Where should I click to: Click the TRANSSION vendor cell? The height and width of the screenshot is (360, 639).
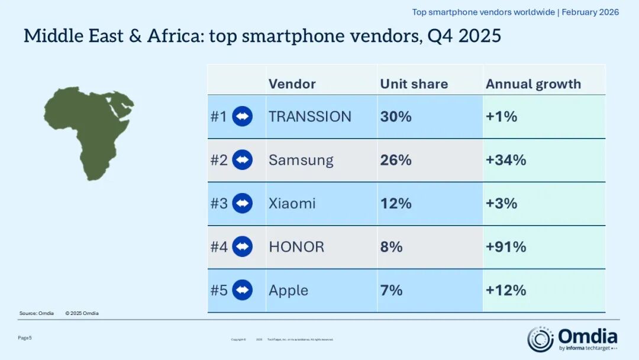pyautogui.click(x=310, y=117)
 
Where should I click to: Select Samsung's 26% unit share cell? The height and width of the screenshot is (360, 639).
pyautogui.click(x=396, y=160)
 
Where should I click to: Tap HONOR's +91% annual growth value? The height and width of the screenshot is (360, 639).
pyautogui.click(x=506, y=247)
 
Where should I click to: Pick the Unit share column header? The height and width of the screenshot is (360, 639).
pyautogui.click(x=414, y=84)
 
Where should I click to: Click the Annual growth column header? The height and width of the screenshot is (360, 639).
pyautogui.click(x=533, y=84)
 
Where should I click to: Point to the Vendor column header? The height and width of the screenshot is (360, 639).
pyautogui.click(x=292, y=84)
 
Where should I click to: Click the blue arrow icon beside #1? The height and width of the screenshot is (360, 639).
pyautogui.click(x=243, y=117)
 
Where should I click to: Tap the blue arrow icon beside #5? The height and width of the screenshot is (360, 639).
pyautogui.click(x=243, y=290)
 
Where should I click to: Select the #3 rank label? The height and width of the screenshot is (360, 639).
pyautogui.click(x=219, y=204)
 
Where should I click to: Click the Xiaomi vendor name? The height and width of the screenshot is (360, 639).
pyautogui.click(x=292, y=204)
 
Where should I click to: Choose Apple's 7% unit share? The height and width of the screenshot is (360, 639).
pyautogui.click(x=391, y=290)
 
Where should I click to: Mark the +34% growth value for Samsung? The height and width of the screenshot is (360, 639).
pyautogui.click(x=506, y=160)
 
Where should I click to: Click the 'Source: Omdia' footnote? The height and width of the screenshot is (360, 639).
pyautogui.click(x=37, y=313)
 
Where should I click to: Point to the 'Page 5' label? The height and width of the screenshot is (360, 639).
pyautogui.click(x=25, y=337)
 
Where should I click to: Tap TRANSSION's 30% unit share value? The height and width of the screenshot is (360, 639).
pyautogui.click(x=396, y=117)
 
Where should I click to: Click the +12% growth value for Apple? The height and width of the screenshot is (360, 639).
pyautogui.click(x=506, y=290)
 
